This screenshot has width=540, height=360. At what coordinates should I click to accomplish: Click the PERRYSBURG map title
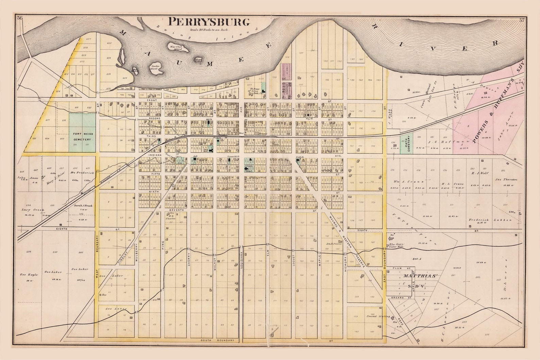click(209, 22)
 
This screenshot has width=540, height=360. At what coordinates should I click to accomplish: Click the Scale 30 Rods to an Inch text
click(209, 30)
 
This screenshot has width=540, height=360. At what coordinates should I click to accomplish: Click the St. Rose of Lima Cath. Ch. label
click(254, 91)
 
